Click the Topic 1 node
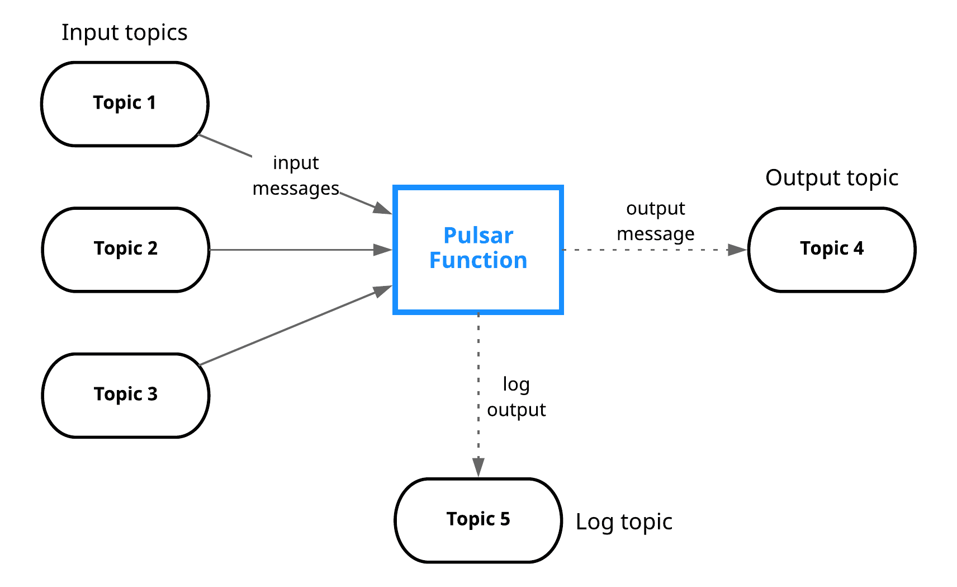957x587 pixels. coord(125,104)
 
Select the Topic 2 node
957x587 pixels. coord(126,249)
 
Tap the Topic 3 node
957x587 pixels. coord(126,395)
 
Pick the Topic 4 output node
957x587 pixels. coord(831,249)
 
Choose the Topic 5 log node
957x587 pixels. coord(478,520)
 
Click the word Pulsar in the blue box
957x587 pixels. coord(478,236)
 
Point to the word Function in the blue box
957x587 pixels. coord(478,261)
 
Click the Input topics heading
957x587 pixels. coord(124,32)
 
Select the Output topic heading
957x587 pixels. coord(831,178)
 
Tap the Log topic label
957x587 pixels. coord(624,522)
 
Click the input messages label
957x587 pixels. coord(296,176)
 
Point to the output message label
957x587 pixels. coord(655,220)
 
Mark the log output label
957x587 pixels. coord(516,397)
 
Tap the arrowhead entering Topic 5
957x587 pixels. coord(478,467)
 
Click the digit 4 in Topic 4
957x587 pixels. coord(859,248)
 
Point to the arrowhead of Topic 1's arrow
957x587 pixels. coord(383,209)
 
